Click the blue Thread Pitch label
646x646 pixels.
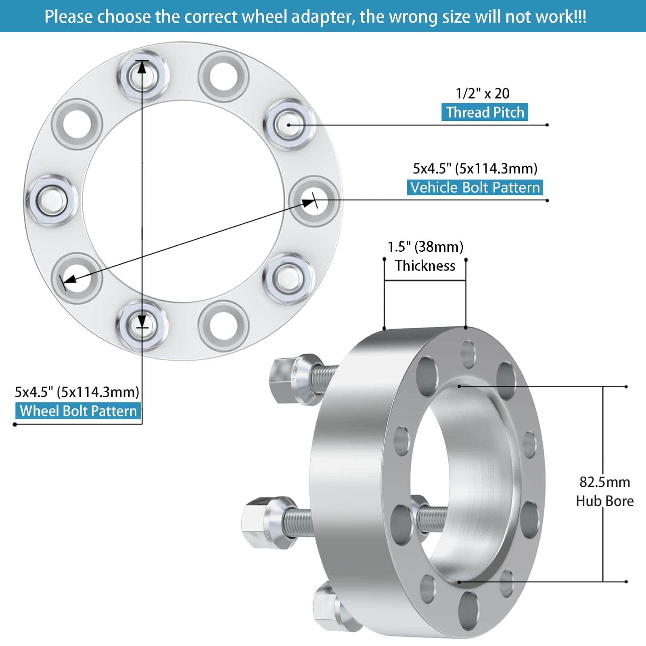(x=485, y=112)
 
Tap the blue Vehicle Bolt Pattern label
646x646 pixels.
(x=475, y=187)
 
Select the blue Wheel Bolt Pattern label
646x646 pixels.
(x=78, y=411)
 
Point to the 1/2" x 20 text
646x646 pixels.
(x=483, y=93)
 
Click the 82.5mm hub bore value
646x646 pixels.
(x=604, y=482)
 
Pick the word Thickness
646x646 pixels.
(x=425, y=266)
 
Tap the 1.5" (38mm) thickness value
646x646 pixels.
(x=425, y=247)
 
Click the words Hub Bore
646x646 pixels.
(x=604, y=501)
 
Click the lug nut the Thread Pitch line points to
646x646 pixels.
(x=289, y=124)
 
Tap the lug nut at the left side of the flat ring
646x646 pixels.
(x=51, y=201)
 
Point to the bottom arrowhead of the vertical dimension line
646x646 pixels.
(x=142, y=321)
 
